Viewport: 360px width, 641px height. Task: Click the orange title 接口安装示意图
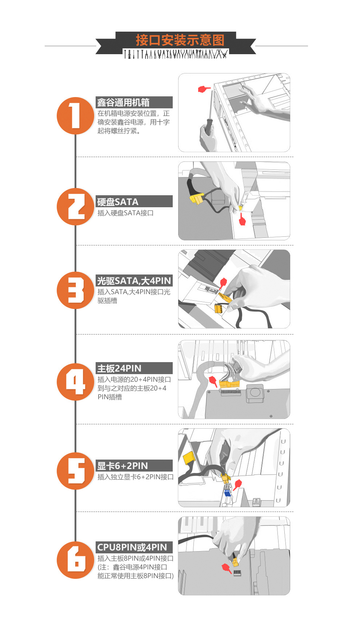(x=180, y=40)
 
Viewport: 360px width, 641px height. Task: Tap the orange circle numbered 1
(x=76, y=116)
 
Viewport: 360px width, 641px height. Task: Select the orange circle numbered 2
(x=76, y=207)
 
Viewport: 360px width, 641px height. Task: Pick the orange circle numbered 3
(x=76, y=290)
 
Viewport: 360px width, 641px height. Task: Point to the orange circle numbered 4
(x=76, y=382)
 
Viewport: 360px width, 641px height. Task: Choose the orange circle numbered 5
(x=76, y=471)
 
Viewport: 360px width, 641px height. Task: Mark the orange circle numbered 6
(x=76, y=560)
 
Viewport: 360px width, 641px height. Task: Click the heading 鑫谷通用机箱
(x=123, y=103)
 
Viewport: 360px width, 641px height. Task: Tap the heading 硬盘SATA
(x=118, y=202)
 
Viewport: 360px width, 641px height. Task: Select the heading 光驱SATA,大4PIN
(x=134, y=281)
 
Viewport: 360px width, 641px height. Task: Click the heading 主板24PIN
(x=119, y=368)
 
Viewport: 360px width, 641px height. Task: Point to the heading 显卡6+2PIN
(x=123, y=466)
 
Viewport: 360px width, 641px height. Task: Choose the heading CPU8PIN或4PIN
(x=132, y=547)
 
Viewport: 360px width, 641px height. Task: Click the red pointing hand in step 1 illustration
(x=204, y=89)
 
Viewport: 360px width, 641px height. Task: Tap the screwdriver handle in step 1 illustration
(x=209, y=125)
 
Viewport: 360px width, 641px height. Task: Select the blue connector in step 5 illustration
(x=228, y=493)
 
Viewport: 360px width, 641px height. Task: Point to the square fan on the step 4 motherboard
(x=255, y=393)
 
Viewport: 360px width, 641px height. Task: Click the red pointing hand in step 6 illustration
(x=227, y=568)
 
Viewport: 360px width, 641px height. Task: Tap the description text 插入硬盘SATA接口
(x=125, y=213)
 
